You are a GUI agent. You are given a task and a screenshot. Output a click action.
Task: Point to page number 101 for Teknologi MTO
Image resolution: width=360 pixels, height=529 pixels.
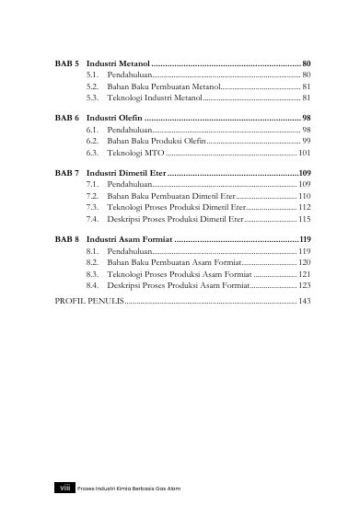304,153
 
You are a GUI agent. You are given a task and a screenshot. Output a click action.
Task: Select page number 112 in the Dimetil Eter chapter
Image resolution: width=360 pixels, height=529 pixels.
304,208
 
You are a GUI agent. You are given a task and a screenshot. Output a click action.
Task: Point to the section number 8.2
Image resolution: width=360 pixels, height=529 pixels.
92,262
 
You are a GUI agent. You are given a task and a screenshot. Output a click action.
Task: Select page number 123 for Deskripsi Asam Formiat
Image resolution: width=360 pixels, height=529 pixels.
304,286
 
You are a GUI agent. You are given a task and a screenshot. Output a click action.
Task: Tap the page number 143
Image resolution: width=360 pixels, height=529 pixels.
304,301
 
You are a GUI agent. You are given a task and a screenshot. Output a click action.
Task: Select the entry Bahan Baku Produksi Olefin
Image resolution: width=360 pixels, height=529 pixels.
157,142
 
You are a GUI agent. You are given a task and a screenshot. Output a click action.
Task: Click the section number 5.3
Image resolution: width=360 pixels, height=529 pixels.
92,97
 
